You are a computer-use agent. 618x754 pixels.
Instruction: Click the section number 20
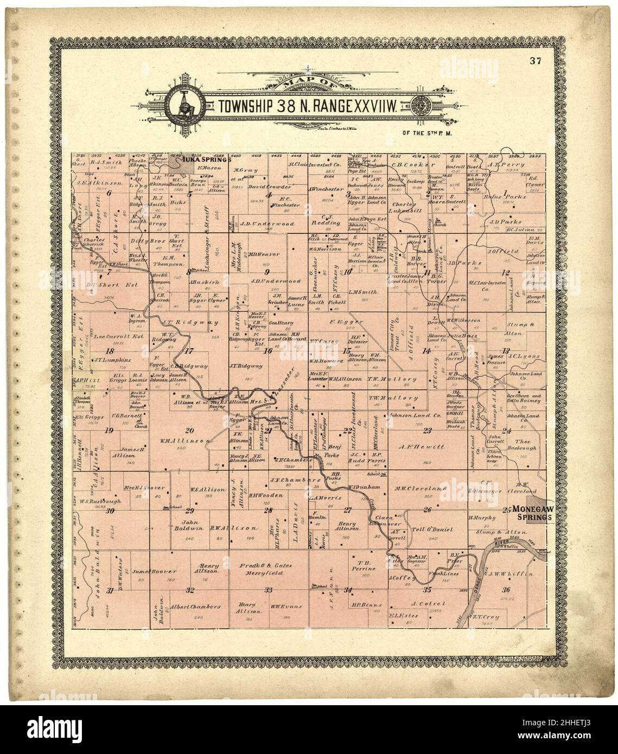point(189,431)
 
